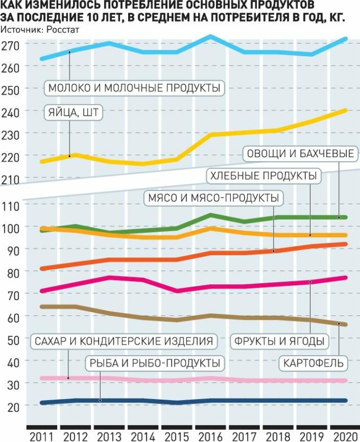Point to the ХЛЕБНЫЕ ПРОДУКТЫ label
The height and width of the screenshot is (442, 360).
click(x=263, y=176)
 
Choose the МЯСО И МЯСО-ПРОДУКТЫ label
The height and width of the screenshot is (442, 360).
click(x=212, y=198)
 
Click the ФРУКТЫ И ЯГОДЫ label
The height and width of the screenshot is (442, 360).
click(x=279, y=341)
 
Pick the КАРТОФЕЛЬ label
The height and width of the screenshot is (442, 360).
click(x=313, y=364)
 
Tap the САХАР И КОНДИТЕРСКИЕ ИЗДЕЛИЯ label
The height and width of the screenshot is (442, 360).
click(x=123, y=341)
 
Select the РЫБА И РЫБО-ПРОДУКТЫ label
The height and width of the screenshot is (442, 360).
click(x=154, y=363)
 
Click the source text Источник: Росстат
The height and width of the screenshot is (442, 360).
click(x=40, y=30)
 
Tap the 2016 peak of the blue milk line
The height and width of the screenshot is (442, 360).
click(x=210, y=37)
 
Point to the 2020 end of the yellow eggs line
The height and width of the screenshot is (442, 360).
click(x=345, y=110)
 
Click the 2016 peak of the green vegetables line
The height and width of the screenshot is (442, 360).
click(x=210, y=215)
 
